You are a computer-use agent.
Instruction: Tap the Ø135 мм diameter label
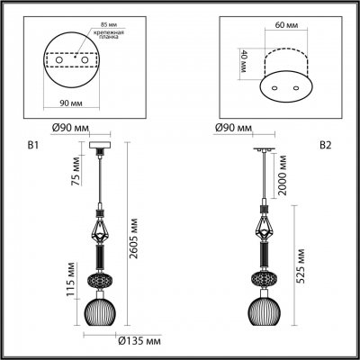(x=139, y=342)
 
